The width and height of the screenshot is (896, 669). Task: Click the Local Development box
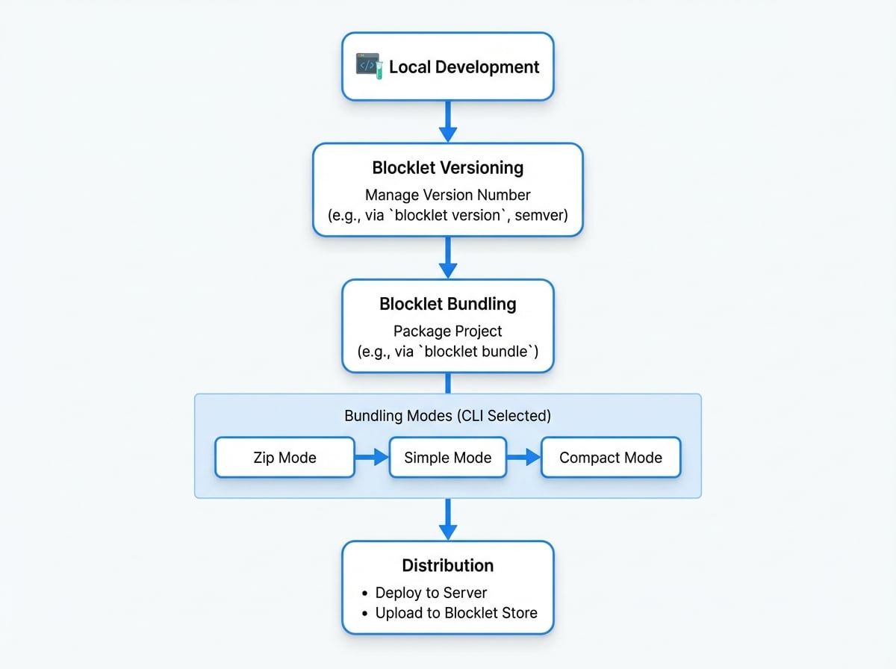tap(448, 66)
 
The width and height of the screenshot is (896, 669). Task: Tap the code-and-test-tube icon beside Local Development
tap(369, 66)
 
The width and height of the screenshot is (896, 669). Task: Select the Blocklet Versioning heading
tap(448, 167)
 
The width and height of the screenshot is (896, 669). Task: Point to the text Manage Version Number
tap(448, 195)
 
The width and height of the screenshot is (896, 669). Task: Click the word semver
tap(541, 215)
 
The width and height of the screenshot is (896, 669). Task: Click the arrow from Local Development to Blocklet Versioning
tap(447, 121)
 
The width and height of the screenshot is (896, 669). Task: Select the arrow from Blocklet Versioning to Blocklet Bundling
tap(447, 258)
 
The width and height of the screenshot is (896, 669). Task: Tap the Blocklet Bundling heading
tap(448, 304)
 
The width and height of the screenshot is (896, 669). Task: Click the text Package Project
tap(448, 331)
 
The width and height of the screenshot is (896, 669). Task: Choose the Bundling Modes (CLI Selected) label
tap(448, 416)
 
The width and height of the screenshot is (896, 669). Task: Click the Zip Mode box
tap(284, 458)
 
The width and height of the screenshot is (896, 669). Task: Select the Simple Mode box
tap(448, 458)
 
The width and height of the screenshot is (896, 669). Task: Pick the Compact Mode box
tap(610, 458)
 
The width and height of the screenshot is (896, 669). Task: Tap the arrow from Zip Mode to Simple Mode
tap(371, 458)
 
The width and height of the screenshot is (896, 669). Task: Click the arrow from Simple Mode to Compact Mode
tap(523, 458)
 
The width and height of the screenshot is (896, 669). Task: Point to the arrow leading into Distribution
tap(447, 519)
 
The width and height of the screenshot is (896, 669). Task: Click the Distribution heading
tap(448, 565)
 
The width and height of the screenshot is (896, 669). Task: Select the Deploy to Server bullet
tap(431, 593)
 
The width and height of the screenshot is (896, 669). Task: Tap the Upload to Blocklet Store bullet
tap(455, 613)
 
